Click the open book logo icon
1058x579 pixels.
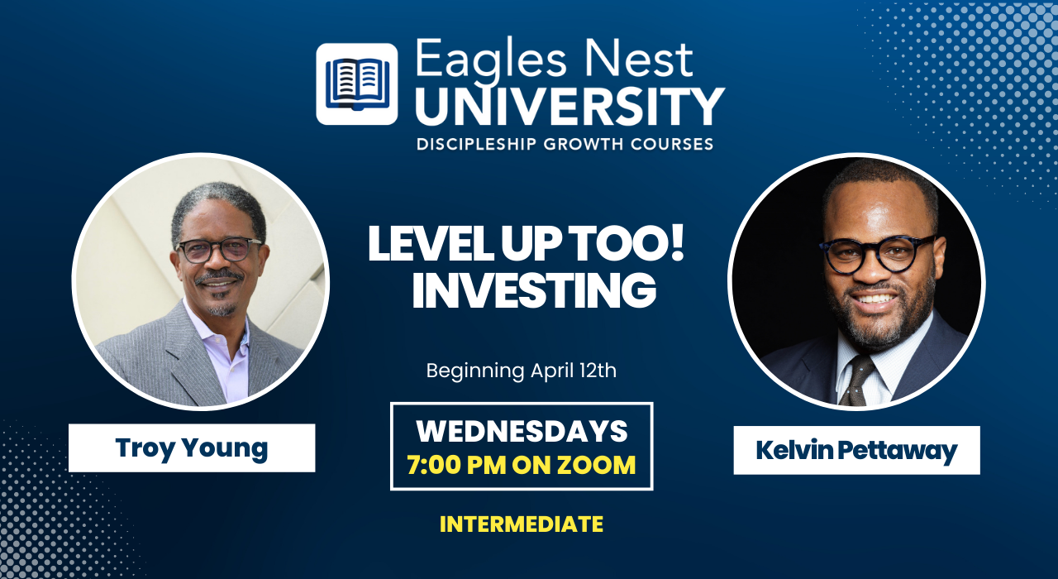pos(356,84)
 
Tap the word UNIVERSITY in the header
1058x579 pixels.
pos(570,107)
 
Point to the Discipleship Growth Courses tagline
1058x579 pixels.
pos(565,144)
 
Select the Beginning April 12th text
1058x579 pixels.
pos(522,371)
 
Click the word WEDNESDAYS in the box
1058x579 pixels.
pos(522,431)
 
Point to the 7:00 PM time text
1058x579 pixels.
pos(456,465)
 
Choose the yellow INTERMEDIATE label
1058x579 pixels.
pos(522,524)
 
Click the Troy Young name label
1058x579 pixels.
pos(192,447)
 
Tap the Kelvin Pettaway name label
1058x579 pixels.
pos(857,450)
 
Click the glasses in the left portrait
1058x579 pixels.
pos(219,250)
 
